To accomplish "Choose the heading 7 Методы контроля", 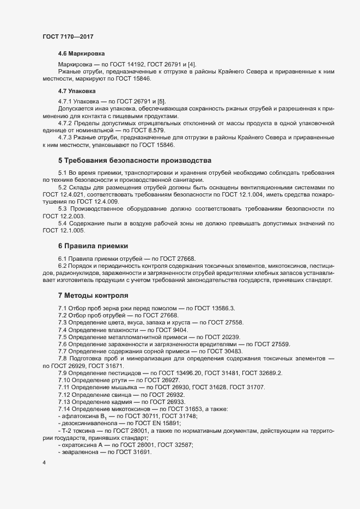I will [93, 296].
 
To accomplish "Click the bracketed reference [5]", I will [161, 101].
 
